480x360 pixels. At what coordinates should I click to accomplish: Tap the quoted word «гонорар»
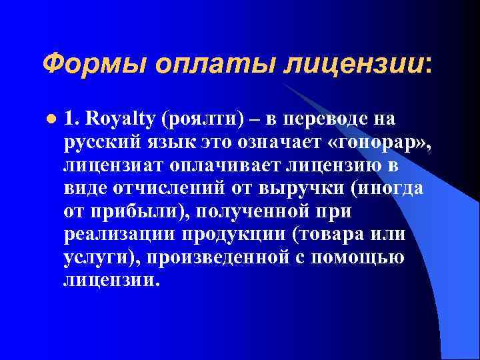(x=373, y=143)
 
